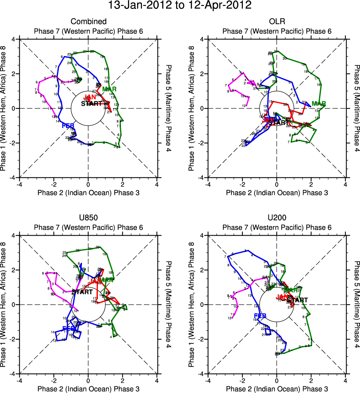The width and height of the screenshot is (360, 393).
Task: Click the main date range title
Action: coord(180,6)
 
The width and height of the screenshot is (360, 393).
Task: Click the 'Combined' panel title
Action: coord(88,22)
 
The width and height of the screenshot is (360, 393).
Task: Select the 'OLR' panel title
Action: coord(277,22)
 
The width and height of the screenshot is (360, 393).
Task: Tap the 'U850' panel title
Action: coord(88,218)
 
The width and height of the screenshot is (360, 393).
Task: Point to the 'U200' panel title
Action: coord(277,218)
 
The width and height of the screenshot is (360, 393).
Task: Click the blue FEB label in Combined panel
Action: coord(69,125)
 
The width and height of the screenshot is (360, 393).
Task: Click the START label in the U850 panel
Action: coord(82,292)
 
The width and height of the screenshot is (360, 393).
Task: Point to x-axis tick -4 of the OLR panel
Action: coord(208,184)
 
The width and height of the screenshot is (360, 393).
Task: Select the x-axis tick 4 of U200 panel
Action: coord(345,380)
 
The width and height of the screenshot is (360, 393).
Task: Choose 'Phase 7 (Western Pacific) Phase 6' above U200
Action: coord(277,227)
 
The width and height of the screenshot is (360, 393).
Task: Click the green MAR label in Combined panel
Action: coord(109,89)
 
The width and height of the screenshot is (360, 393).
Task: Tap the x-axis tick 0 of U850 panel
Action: coord(88,380)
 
